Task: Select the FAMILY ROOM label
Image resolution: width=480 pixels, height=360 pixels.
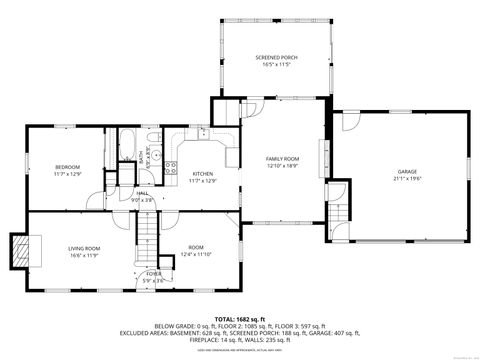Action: click(x=282, y=159)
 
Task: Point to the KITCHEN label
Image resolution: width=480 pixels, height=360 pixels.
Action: click(x=203, y=174)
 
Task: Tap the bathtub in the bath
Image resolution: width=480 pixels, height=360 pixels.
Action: click(x=130, y=140)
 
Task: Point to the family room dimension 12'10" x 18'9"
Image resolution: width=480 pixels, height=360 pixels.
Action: click(x=282, y=166)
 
